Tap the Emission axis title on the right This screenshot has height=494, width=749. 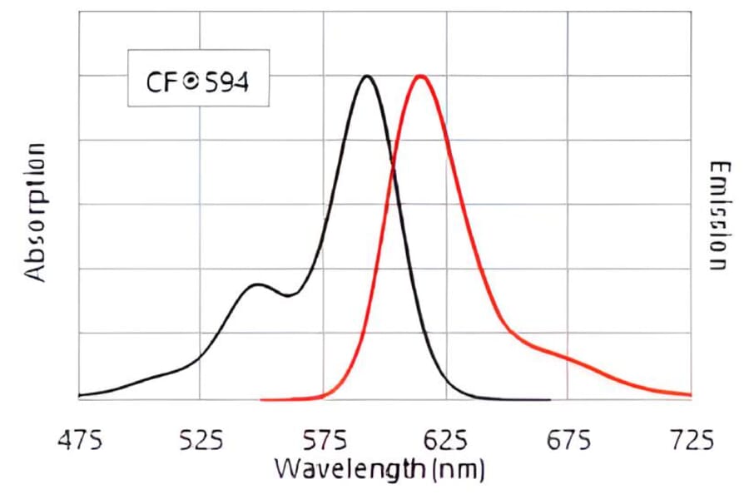718,215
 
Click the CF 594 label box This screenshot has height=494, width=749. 198,82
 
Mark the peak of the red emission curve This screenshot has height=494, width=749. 421,76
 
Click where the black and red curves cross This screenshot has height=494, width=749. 393,168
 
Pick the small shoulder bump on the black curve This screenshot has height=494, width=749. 256,284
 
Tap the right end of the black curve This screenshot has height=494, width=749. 549,399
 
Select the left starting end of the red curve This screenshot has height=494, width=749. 262,399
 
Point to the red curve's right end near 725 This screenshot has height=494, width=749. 690,394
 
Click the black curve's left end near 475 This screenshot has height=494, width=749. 79,395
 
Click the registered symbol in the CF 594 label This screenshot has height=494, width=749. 190,82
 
